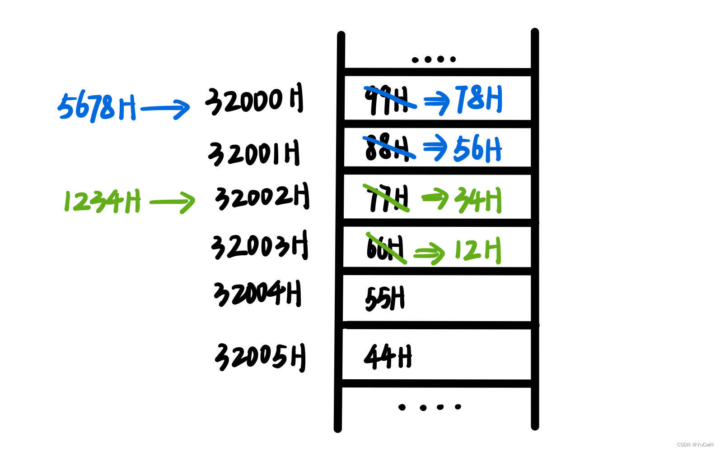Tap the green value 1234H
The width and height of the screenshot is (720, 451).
pos(102,201)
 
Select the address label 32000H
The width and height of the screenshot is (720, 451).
pos(254,101)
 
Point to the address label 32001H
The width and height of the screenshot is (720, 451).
pos(254,153)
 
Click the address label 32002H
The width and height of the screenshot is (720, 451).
pos(262,197)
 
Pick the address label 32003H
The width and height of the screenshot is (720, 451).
pos(259,246)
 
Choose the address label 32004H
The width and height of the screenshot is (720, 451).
pos(257,294)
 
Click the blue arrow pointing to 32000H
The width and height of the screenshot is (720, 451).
pos(165,109)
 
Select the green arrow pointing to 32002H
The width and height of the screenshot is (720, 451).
pos(172,202)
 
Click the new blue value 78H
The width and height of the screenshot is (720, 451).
pos(479,99)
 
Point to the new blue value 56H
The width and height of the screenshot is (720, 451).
pos(477,149)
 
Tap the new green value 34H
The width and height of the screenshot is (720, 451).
pos(478,200)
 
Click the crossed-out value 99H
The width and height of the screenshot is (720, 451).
pos(387,100)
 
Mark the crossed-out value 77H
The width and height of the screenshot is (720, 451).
pos(388,198)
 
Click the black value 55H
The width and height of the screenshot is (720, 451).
pos(385,299)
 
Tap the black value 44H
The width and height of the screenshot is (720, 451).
pos(388,357)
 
